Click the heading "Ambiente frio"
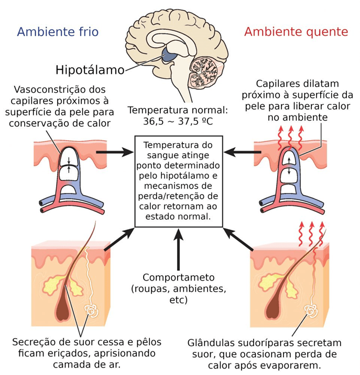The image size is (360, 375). coord(58,32)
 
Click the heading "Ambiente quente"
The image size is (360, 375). coord(296,32)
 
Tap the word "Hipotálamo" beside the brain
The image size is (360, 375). coord(90,70)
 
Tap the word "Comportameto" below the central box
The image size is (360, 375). coord(178,278)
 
